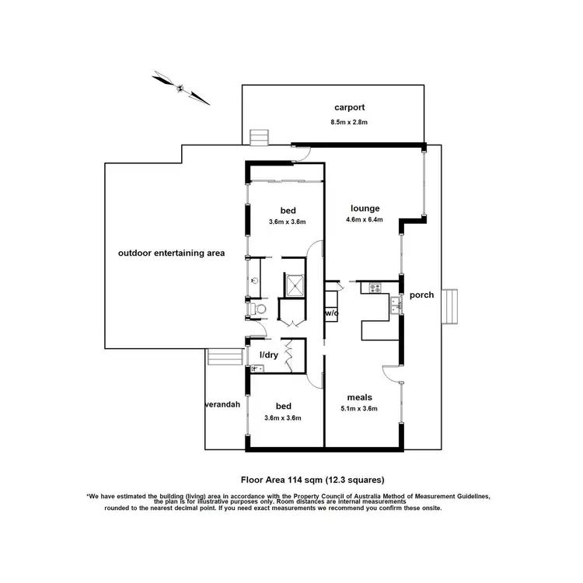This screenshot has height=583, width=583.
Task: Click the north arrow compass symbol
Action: [x=181, y=87]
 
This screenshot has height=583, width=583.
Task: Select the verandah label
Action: [x=222, y=405]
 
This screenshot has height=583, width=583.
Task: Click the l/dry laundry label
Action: [x=268, y=355]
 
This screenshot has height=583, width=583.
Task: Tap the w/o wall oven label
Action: [x=331, y=312]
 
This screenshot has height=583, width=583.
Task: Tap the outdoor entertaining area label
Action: [x=171, y=253]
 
